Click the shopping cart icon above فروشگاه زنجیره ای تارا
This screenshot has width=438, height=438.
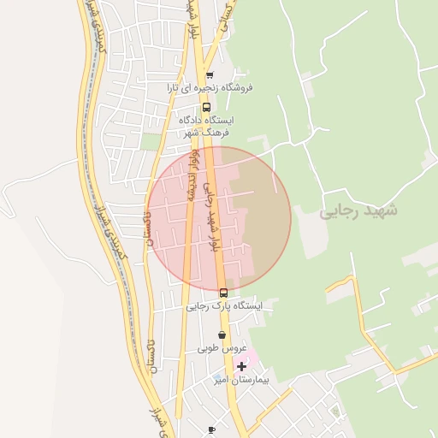(210, 75)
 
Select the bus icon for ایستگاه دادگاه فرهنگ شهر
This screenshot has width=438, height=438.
(206, 108)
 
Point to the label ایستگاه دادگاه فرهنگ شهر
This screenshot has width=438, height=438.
(206, 126)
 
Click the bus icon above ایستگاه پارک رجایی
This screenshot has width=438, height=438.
(223, 293)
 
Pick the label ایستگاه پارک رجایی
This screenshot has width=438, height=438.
(224, 305)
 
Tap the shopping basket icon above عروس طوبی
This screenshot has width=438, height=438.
(222, 335)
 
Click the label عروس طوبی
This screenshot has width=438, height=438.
(222, 349)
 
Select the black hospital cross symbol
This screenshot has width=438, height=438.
(241, 365)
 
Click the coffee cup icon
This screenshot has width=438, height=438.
(211, 429)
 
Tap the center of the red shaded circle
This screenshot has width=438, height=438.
(219, 219)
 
